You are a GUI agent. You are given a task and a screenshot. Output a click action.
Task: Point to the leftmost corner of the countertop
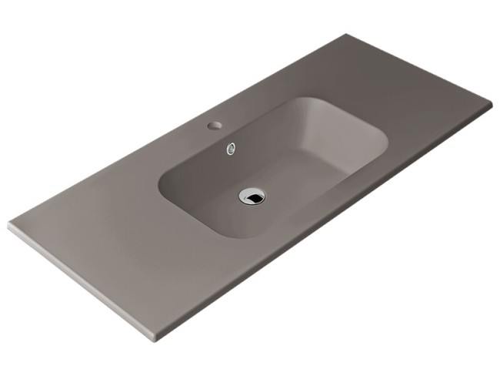coord(9,226)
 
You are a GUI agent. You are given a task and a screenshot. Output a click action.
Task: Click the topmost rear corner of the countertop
coord(347,35)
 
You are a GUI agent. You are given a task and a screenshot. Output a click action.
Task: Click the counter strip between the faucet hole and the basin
coord(231,129)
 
